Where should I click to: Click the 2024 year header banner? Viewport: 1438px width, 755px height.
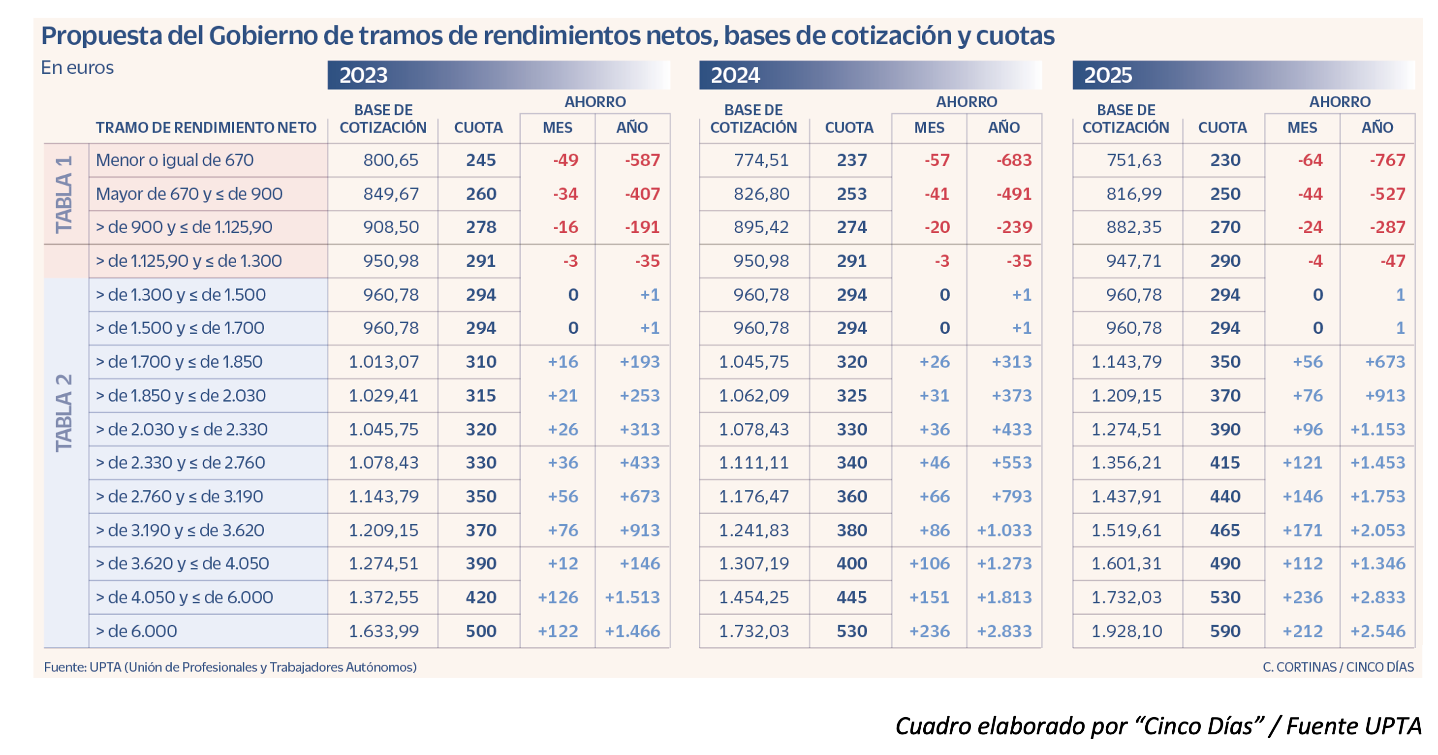click(870, 75)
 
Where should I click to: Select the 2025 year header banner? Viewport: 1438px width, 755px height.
click(1243, 75)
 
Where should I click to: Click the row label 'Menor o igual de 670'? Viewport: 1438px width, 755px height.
click(174, 160)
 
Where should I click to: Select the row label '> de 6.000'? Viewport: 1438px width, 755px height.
click(136, 631)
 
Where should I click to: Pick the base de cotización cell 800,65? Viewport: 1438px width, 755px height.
click(390, 160)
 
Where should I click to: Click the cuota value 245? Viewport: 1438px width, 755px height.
click(481, 160)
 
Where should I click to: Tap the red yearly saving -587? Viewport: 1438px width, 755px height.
click(642, 160)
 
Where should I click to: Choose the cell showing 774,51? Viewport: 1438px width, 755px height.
click(761, 160)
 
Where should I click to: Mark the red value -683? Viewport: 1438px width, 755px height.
click(1014, 160)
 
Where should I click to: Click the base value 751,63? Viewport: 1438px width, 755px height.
click(1133, 160)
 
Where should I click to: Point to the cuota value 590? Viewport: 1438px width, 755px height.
click(1225, 631)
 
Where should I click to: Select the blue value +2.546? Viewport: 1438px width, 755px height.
click(1377, 631)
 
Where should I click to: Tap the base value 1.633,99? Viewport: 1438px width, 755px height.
click(383, 631)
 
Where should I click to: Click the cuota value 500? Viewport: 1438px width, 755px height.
click(481, 631)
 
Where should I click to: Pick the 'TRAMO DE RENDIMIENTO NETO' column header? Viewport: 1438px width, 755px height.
click(206, 128)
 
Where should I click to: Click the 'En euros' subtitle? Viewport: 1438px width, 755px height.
click(77, 67)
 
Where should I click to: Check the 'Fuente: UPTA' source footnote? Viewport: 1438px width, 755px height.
click(230, 667)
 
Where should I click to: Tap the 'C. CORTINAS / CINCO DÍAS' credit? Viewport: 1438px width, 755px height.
click(1338, 667)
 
